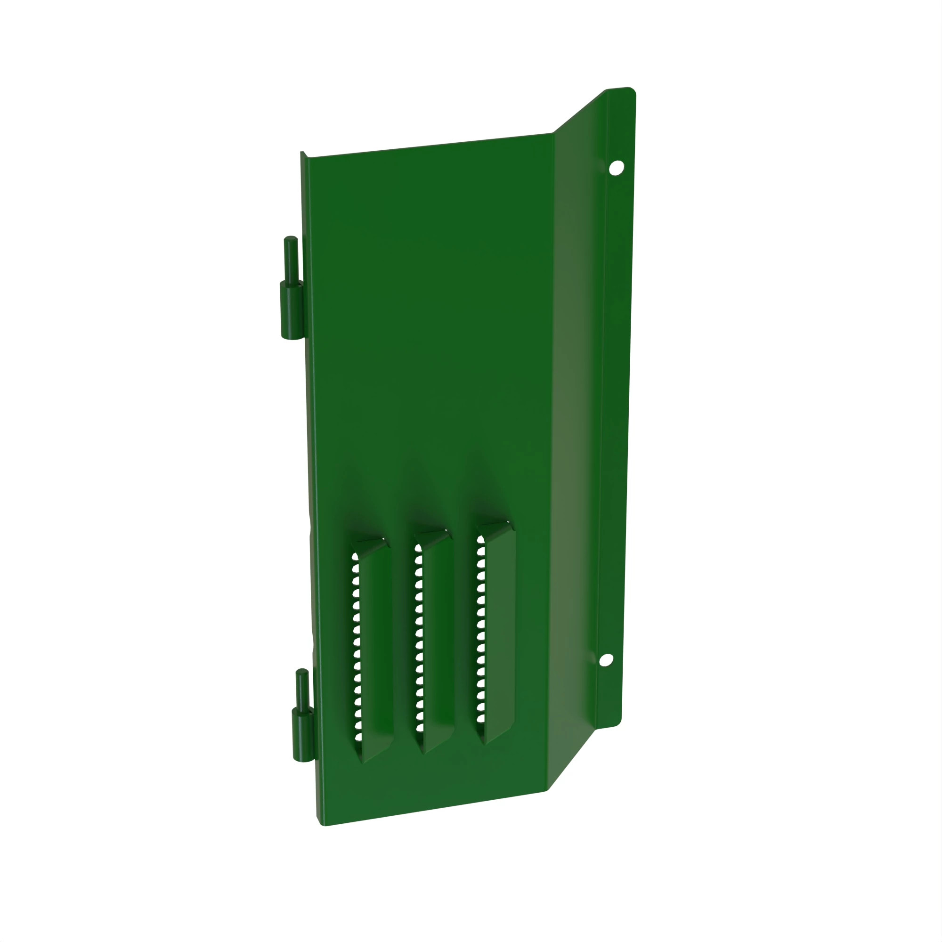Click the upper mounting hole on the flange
point(616,168)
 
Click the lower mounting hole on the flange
point(606,660)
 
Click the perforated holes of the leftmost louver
point(357,649)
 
